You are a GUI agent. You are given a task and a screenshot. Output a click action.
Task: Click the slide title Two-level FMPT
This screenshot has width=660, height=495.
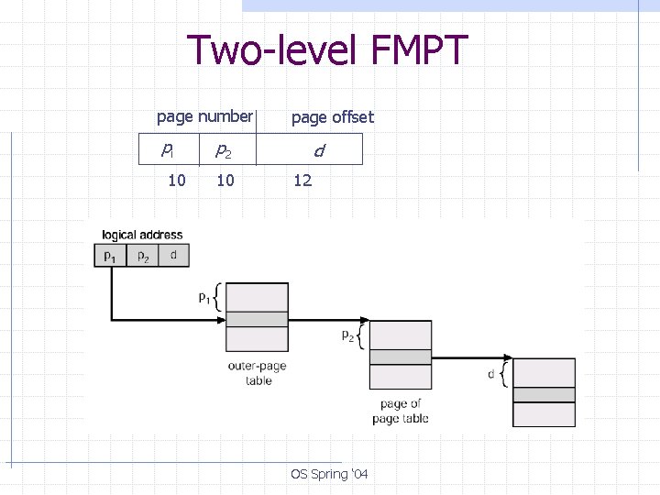click(x=327, y=50)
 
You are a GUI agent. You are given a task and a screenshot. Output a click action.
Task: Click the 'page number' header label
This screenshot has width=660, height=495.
click(x=203, y=116)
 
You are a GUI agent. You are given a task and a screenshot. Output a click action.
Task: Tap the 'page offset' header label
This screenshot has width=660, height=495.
click(x=332, y=117)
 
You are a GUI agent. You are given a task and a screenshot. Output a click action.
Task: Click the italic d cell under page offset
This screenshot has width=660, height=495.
click(x=317, y=149)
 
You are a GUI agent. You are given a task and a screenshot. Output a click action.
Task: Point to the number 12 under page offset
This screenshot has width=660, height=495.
click(x=302, y=181)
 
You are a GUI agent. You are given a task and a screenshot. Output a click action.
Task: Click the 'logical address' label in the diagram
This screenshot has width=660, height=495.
click(x=142, y=235)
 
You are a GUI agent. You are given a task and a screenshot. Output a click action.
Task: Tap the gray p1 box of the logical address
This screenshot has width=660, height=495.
click(x=110, y=256)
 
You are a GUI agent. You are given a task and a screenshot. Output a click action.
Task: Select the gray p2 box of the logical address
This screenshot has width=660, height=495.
click(x=143, y=256)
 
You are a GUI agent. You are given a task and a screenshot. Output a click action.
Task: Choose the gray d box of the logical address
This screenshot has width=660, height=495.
click(x=173, y=256)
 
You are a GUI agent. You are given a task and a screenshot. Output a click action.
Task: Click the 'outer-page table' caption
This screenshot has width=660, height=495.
click(x=258, y=373)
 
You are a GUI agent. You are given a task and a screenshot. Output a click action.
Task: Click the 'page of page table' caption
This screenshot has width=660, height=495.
click(x=401, y=412)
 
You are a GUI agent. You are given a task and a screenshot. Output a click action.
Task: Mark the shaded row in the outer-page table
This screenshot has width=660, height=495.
click(x=257, y=320)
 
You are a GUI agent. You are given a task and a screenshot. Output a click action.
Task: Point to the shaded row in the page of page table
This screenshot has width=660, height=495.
click(x=400, y=357)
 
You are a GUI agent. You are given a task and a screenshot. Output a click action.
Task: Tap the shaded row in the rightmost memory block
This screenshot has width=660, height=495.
click(x=544, y=395)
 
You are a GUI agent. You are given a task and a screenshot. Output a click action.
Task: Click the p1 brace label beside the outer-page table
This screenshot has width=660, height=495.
click(x=204, y=297)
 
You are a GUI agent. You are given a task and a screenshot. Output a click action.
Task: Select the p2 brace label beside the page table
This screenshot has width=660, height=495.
click(x=348, y=335)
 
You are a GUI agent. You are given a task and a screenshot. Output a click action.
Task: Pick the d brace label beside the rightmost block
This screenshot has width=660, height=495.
click(x=492, y=374)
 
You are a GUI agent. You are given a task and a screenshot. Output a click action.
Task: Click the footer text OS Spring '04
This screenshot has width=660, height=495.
click(x=329, y=474)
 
